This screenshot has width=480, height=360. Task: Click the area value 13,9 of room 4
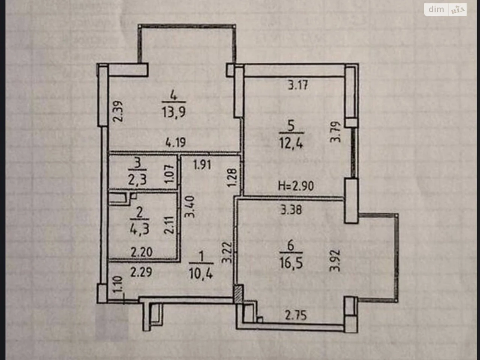tap(174, 112)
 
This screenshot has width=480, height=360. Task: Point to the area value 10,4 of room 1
tap(201, 273)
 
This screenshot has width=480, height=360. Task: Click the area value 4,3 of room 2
tap(139, 229)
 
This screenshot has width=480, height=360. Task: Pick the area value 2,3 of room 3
tap(137, 180)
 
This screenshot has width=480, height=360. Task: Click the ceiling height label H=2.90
tap(295, 186)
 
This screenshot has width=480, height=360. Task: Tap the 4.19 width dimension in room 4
tap(175, 142)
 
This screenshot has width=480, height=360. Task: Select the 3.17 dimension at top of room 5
tap(298, 85)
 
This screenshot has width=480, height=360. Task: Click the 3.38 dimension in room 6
tap(291, 210)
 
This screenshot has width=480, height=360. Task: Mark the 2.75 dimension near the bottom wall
tap(296, 316)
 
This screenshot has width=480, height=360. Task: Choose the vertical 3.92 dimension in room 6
tap(335, 261)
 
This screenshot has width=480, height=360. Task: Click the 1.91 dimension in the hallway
tap(202, 165)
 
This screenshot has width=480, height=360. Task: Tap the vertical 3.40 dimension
tap(189, 207)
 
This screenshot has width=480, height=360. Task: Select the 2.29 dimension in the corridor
tap(141, 272)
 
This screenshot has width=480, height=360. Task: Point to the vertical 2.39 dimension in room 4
tap(118, 111)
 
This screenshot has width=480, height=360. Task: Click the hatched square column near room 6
tap(238, 294)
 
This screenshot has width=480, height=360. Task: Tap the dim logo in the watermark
tap(436, 9)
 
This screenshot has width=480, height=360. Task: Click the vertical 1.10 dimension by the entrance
tap(118, 284)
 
